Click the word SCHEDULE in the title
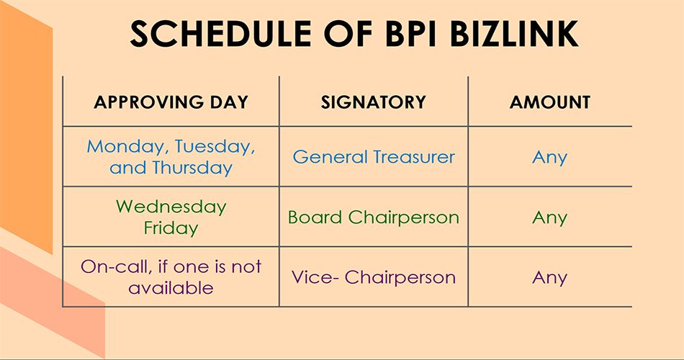[220, 34]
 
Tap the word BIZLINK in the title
[514, 34]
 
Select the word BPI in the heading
[410, 34]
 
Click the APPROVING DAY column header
[171, 102]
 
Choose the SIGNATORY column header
[374, 102]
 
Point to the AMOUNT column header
[549, 102]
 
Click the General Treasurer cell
[374, 157]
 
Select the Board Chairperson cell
[374, 217]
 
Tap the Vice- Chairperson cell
[374, 277]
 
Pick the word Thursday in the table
[192, 168]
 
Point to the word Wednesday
[171, 207]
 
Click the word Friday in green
[171, 228]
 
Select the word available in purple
[171, 288]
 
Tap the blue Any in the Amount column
[549, 158]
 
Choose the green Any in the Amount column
[549, 217]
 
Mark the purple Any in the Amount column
[549, 278]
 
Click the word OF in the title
[348, 34]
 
